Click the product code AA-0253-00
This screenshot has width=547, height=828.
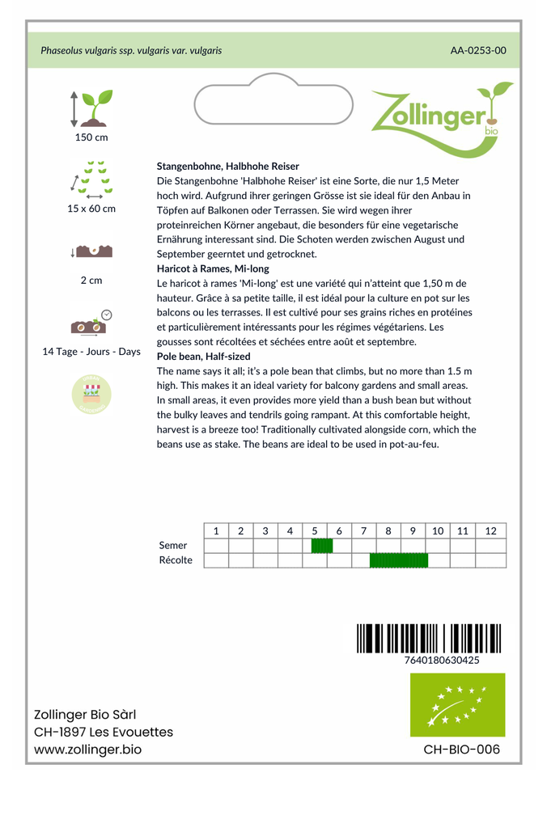478,50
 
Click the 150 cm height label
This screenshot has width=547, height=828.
91,137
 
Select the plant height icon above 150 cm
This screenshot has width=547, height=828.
91,108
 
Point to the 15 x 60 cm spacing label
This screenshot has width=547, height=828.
91,209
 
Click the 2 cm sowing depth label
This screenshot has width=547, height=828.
91,281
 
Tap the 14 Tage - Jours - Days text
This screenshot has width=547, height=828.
91,352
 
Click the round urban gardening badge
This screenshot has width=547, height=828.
91,394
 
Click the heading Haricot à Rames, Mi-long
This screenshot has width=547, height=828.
213,268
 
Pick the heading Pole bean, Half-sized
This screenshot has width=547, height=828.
203,357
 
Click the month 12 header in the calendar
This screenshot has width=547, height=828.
490,530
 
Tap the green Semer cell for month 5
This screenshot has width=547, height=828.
322,546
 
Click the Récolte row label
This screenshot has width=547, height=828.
176,560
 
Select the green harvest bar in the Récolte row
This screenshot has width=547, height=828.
398,560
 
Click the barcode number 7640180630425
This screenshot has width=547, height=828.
441,660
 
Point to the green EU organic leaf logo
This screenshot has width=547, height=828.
457,704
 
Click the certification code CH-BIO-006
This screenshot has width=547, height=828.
461,750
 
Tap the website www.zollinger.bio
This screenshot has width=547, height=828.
87,750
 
